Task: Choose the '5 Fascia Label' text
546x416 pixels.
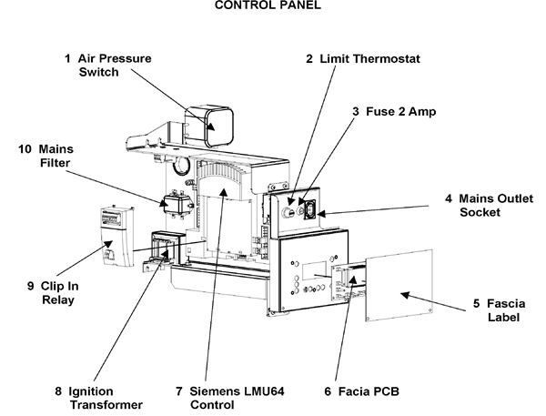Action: click(x=500, y=310)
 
